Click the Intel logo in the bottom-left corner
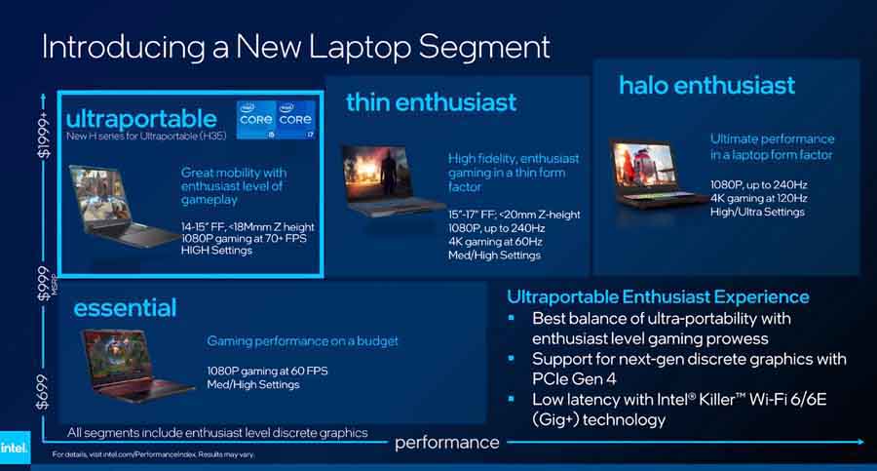click(15, 448)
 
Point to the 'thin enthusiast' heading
click(431, 101)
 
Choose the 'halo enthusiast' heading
click(706, 85)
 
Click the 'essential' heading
click(125, 308)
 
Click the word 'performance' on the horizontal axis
click(446, 443)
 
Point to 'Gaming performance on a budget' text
click(302, 341)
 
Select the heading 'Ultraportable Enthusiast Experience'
click(658, 296)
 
